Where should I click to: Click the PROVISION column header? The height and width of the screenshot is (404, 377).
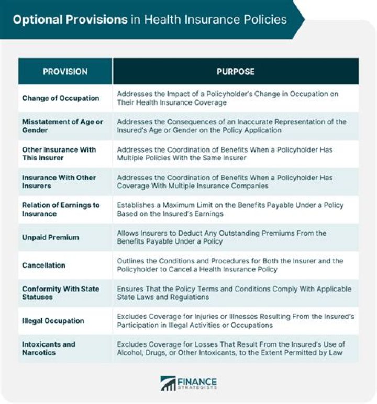(x=65, y=72)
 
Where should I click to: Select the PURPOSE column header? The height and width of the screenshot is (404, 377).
(x=236, y=72)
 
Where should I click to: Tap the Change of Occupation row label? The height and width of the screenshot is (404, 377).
(x=61, y=98)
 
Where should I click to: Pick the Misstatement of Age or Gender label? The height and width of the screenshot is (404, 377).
(x=62, y=126)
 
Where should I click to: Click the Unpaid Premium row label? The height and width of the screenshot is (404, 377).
(x=50, y=237)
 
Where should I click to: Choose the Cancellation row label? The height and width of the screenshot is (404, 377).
(x=44, y=265)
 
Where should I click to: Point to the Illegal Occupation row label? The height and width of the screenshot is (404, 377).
(x=53, y=321)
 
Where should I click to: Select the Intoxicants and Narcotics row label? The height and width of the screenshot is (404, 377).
(x=49, y=349)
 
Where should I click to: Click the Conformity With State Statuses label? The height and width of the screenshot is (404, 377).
(x=60, y=293)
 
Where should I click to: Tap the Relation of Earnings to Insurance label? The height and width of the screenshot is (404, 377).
(x=61, y=210)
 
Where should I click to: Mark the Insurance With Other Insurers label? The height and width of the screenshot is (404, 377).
(x=59, y=182)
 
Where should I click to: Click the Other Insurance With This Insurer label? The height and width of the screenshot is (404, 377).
(x=59, y=154)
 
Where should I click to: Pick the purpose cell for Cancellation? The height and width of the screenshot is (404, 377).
(x=230, y=265)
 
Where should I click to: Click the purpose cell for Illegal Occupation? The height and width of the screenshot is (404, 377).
(x=235, y=321)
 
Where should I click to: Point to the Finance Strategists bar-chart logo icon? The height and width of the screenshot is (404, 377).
(x=168, y=384)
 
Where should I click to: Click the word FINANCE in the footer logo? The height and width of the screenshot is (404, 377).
(x=198, y=381)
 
